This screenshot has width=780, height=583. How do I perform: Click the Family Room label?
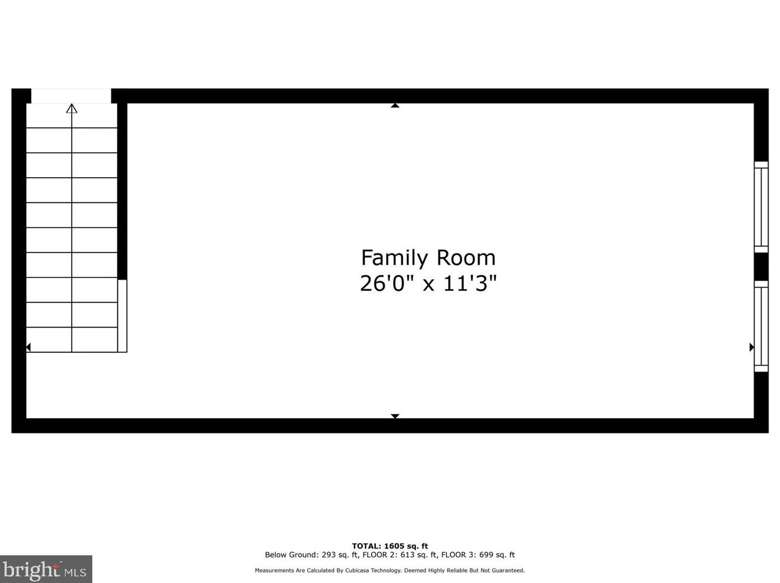click(428, 258)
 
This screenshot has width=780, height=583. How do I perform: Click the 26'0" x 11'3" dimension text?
click(428, 283)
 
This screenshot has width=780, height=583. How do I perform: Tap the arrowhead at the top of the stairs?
click(72, 108)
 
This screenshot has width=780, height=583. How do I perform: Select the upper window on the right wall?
click(761, 207)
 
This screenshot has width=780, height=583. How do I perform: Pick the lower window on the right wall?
click(761, 326)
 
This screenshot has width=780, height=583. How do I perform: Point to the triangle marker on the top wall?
click(395, 105)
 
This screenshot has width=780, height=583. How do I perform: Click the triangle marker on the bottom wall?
click(395, 416)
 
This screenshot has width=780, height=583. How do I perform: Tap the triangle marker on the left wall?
click(28, 347)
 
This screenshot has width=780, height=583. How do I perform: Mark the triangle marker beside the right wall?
click(752, 347)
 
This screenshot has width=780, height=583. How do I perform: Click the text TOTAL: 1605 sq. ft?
click(389, 546)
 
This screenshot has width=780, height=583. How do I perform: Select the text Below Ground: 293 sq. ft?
click(311, 555)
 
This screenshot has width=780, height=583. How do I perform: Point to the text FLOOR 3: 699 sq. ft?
click(478, 555)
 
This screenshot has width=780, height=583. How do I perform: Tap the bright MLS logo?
click(45, 569)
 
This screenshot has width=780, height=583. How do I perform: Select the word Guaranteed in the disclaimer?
click(509, 570)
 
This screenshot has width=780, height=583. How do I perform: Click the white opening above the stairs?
click(71, 96)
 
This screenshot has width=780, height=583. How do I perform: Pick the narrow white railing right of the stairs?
click(123, 316)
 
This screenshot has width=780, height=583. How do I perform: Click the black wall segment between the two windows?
click(761, 266)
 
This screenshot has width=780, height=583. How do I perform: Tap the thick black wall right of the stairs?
click(123, 191)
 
